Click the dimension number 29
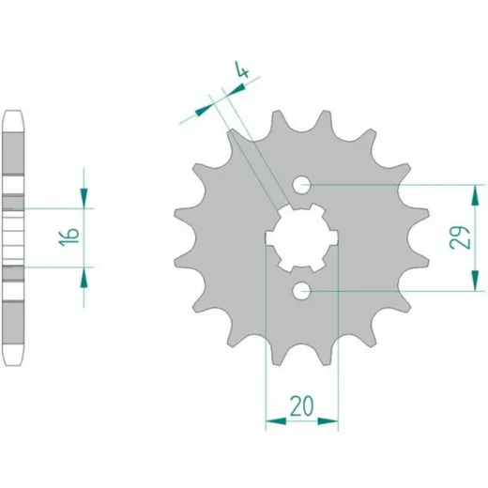click(x=460, y=237)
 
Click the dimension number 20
click(x=301, y=406)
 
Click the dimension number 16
click(x=69, y=237)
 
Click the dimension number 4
click(x=243, y=69)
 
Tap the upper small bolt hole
click(x=301, y=185)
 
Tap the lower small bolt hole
click(x=301, y=291)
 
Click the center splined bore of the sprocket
click(x=302, y=237)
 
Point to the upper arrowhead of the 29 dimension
click(x=475, y=195)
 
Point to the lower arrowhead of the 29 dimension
click(x=475, y=281)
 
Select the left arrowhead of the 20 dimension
click(x=276, y=421)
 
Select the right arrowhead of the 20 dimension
click(x=328, y=421)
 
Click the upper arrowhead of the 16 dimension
click(x=84, y=198)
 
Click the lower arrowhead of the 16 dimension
click(x=84, y=278)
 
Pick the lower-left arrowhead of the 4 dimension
click(x=204, y=110)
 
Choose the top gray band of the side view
click(x=13, y=153)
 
